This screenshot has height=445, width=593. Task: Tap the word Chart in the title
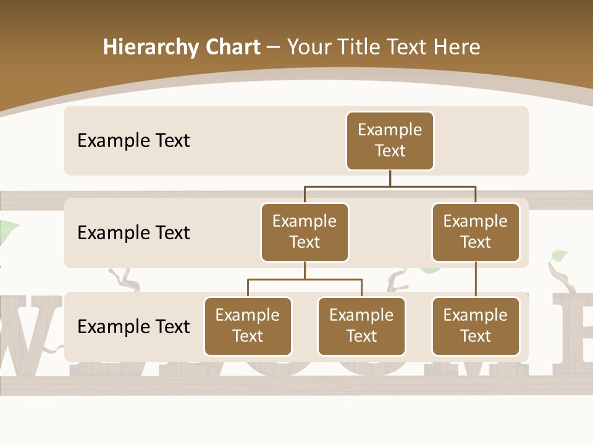click(x=233, y=47)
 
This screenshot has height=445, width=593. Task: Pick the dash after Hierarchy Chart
click(x=274, y=48)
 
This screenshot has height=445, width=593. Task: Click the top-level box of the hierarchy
click(x=390, y=140)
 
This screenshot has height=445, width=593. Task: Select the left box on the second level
click(x=305, y=232)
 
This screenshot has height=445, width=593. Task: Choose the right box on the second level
click(x=475, y=232)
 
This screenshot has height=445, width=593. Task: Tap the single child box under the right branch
click(x=475, y=326)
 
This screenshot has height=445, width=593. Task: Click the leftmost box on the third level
click(x=248, y=326)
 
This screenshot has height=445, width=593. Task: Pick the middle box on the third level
click(x=361, y=326)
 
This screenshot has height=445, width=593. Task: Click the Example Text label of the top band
click(x=133, y=140)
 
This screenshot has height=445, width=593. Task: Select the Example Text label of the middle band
click(x=133, y=232)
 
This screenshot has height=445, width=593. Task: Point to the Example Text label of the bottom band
click(x=133, y=326)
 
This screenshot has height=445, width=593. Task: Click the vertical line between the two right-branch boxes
click(x=475, y=279)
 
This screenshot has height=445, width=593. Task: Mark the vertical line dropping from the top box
click(x=390, y=178)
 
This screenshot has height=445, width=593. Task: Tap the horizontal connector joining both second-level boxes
click(x=390, y=186)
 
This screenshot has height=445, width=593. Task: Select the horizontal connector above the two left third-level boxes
click(x=305, y=279)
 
